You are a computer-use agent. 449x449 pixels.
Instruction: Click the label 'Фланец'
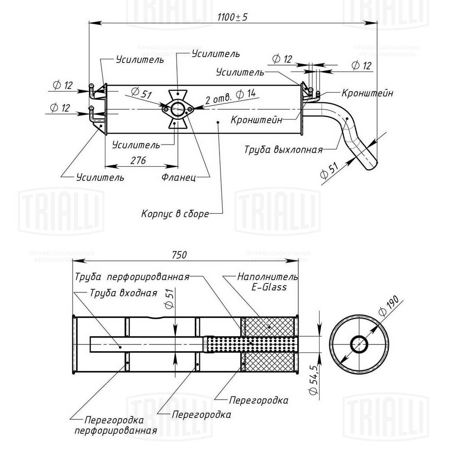179,177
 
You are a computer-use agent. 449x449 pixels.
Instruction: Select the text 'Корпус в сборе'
175,214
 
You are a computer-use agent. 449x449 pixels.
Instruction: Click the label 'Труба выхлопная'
283,149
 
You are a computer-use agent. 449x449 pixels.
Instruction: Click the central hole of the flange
178,109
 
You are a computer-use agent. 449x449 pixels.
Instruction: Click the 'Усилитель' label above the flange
215,54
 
